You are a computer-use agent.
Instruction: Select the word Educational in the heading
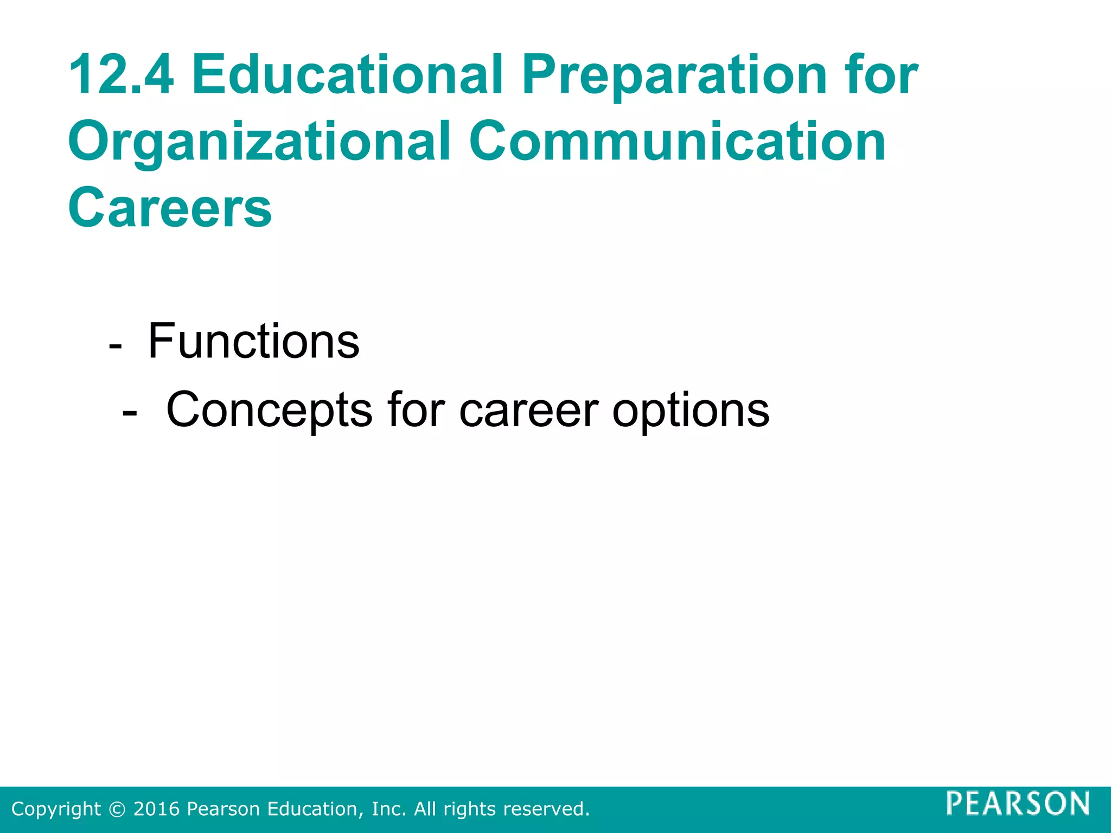tap(347, 75)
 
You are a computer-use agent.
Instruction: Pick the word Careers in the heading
tap(170, 208)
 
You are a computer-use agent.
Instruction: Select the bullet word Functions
tap(253, 342)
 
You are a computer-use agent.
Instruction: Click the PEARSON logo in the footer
tap(1018, 803)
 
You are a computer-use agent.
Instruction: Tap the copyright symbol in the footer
tap(117, 809)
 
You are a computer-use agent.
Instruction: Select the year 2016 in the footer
tap(156, 809)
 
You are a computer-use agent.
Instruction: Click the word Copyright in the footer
tap(56, 809)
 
